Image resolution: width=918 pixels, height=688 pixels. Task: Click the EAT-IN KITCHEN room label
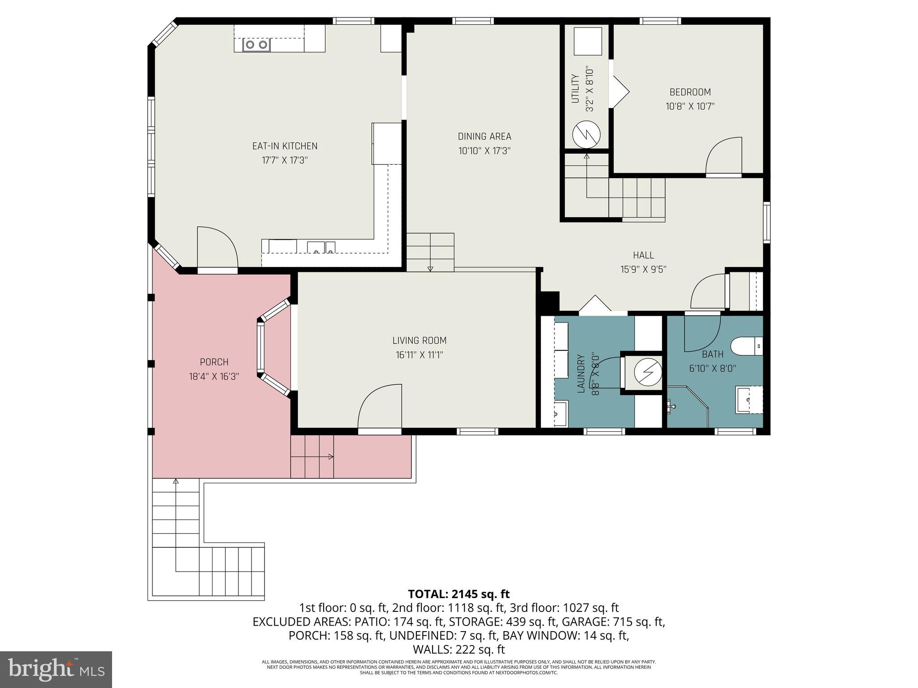tap(285, 146)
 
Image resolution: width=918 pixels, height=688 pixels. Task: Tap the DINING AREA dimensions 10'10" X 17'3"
tap(484, 151)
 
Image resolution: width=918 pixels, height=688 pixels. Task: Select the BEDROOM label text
tap(690, 92)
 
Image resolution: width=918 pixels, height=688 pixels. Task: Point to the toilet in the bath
tap(746, 346)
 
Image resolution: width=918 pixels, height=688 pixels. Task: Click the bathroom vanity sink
tap(749, 399)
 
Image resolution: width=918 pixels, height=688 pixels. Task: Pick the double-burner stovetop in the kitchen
tap(256, 45)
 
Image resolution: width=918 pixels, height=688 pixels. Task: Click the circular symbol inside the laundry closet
tap(648, 371)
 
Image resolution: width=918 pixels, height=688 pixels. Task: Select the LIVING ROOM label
tap(419, 340)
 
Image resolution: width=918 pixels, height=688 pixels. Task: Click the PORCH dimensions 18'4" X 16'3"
tap(214, 377)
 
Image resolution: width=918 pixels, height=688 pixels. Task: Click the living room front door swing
tap(379, 406)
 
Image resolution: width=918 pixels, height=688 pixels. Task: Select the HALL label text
tap(643, 255)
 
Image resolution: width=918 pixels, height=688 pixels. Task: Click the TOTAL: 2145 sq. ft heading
tap(459, 594)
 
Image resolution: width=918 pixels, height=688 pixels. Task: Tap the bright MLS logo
tap(56, 669)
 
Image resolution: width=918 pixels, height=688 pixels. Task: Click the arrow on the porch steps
tap(331, 457)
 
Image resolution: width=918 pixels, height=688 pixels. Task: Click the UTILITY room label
tap(576, 89)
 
